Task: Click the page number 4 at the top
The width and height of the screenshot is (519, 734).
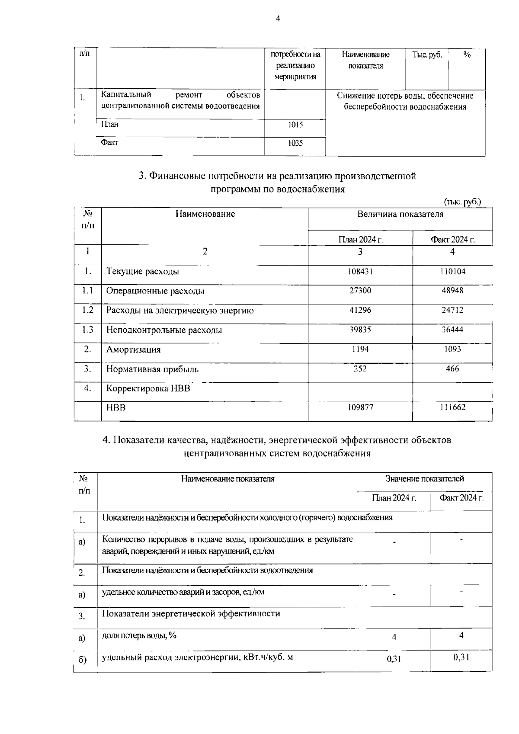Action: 278,19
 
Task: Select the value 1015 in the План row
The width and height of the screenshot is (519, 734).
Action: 295,125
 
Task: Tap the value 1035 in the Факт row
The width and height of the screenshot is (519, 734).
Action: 295,143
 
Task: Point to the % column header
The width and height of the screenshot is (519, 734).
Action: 467,55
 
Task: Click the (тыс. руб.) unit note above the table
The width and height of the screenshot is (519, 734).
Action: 462,202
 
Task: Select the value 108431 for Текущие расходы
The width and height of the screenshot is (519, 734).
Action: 360,272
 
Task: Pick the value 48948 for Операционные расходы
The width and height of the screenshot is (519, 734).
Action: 452,291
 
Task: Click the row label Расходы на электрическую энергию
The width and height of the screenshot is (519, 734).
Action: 180,311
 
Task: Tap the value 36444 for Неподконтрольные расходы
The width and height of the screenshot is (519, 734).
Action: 452,330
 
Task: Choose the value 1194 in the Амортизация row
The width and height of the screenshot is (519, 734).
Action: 360,349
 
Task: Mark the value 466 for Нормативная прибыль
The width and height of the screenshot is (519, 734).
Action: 452,369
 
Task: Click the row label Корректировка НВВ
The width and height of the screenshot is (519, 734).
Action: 148,388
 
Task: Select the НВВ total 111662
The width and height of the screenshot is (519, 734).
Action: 452,407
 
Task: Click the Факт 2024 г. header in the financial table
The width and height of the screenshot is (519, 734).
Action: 452,240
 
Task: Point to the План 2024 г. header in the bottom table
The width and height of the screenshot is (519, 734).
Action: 394,498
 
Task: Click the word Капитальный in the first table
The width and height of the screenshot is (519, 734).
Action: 126,95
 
